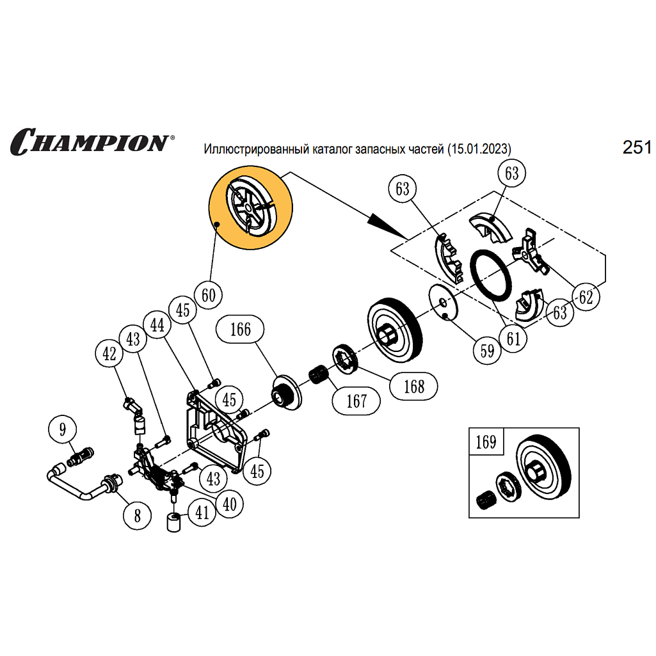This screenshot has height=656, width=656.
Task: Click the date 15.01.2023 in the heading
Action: [x=479, y=149]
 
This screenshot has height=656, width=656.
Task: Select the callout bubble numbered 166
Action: [x=240, y=330]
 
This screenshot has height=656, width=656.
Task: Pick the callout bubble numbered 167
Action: [x=356, y=401]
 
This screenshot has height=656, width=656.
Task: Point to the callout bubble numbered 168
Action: [x=414, y=387]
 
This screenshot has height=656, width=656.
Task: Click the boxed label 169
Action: [x=486, y=442]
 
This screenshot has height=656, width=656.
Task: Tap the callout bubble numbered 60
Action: [x=208, y=296]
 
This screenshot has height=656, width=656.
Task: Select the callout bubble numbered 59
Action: [x=488, y=350]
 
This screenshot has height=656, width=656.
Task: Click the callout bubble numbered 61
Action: [x=513, y=339]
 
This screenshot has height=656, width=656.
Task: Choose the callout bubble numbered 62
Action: [x=586, y=297]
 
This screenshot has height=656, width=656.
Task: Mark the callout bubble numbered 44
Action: [x=157, y=326]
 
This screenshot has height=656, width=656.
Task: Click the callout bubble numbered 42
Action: [x=109, y=353]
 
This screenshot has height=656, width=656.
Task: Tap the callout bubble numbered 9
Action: [x=62, y=429]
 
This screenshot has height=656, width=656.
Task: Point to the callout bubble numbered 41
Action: [x=202, y=513]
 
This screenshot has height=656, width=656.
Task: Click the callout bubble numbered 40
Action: [x=230, y=504]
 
